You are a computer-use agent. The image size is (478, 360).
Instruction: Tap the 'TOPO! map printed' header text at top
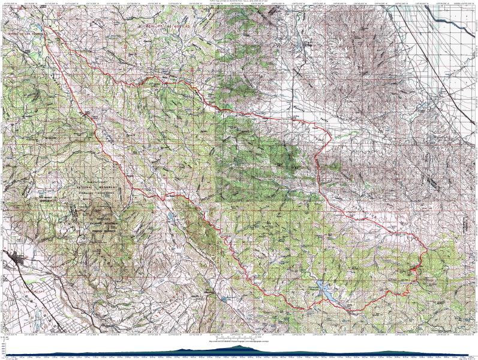pos(240,2)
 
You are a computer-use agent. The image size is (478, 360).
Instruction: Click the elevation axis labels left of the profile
pos(5,350)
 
